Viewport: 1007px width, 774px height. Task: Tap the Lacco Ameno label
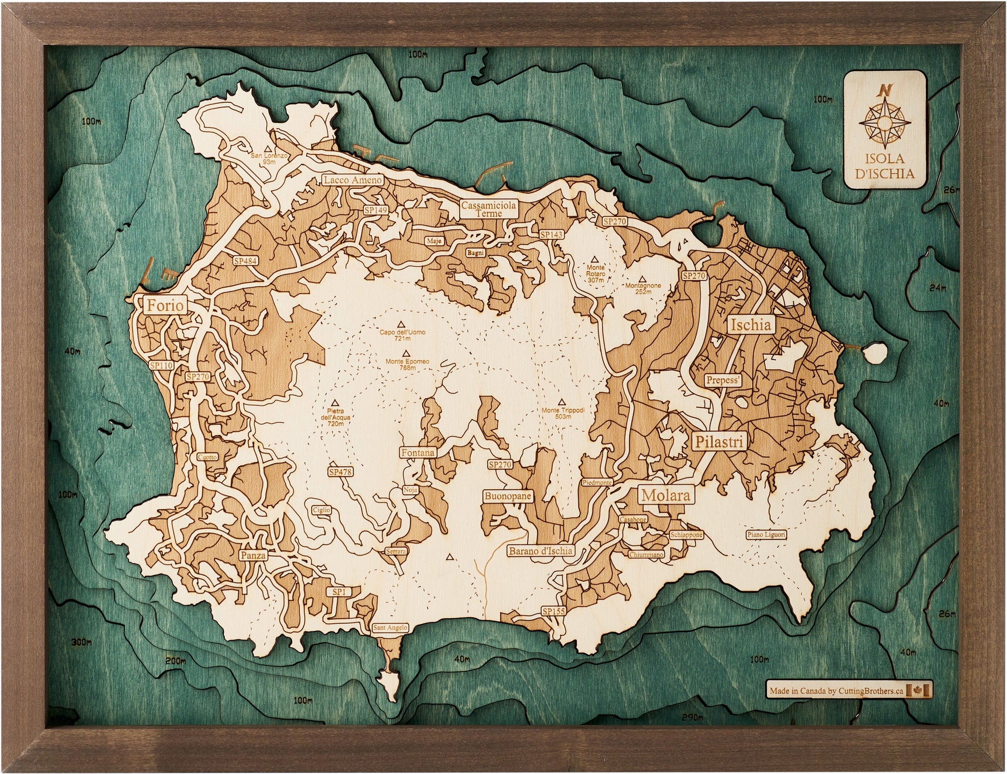pyautogui.click(x=352, y=180)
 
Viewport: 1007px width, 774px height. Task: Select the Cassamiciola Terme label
pyautogui.click(x=489, y=209)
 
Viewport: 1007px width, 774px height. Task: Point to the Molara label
pyautogui.click(x=666, y=495)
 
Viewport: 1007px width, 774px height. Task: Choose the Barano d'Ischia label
pyautogui.click(x=540, y=551)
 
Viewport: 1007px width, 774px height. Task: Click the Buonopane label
pyautogui.click(x=507, y=496)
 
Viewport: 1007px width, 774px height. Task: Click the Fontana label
pyautogui.click(x=418, y=452)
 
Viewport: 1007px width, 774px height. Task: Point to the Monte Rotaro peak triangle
pyautogui.click(x=595, y=259)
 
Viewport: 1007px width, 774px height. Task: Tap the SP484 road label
pyautogui.click(x=245, y=261)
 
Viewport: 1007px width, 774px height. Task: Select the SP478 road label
pyautogui.click(x=340, y=472)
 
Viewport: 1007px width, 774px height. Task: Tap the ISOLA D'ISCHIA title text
pyautogui.click(x=885, y=166)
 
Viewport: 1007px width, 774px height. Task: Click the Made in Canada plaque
pyautogui.click(x=849, y=691)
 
